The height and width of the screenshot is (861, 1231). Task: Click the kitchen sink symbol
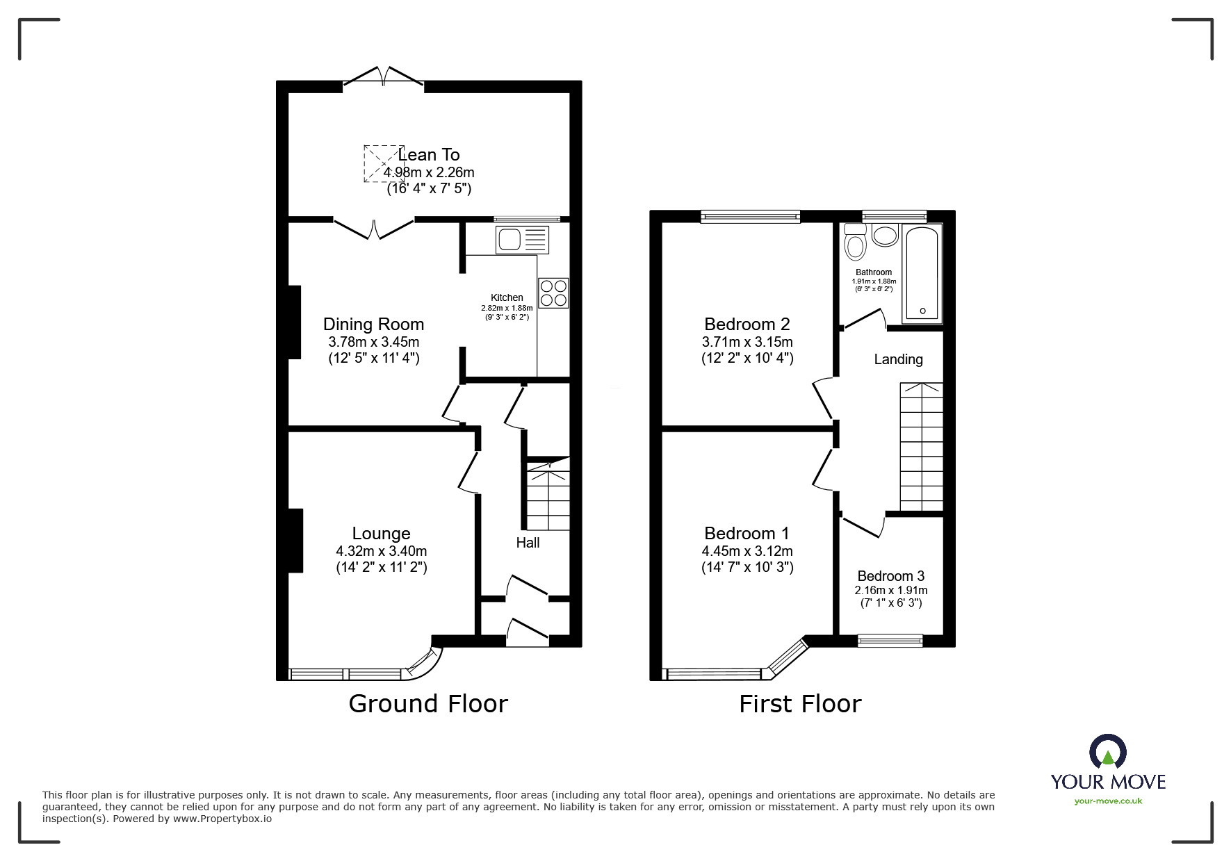pos(522,240)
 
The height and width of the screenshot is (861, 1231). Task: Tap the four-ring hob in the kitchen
pos(553,293)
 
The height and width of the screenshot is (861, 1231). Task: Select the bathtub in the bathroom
pos(922,274)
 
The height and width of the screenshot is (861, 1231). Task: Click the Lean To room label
pos(429,154)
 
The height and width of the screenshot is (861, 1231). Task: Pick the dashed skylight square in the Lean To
pos(384,164)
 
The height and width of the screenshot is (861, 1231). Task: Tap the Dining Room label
pos(373,324)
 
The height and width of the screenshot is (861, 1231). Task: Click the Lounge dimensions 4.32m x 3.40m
pos(381,551)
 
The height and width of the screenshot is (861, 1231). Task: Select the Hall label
pos(528,543)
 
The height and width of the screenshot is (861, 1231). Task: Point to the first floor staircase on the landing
pos(922,446)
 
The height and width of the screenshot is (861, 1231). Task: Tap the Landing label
pos(898,359)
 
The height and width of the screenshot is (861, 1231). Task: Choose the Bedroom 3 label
pos(890,576)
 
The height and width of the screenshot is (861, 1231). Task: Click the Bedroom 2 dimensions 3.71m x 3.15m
pos(747,342)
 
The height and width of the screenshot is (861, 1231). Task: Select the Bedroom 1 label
pos(747,533)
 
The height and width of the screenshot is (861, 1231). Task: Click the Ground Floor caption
pos(428,704)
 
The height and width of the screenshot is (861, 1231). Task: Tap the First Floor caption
pos(800,704)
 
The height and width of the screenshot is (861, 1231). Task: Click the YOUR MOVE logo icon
pos(1107,752)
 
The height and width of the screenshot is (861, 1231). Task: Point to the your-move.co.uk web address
pos(1108,801)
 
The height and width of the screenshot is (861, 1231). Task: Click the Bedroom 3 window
pos(890,640)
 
